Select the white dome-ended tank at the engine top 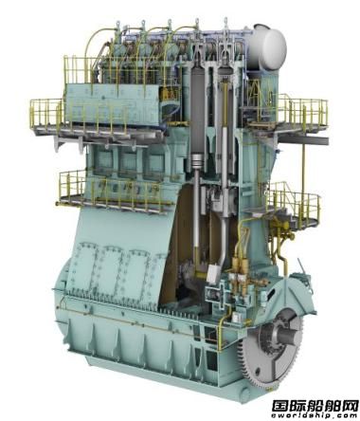pos(270,44)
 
